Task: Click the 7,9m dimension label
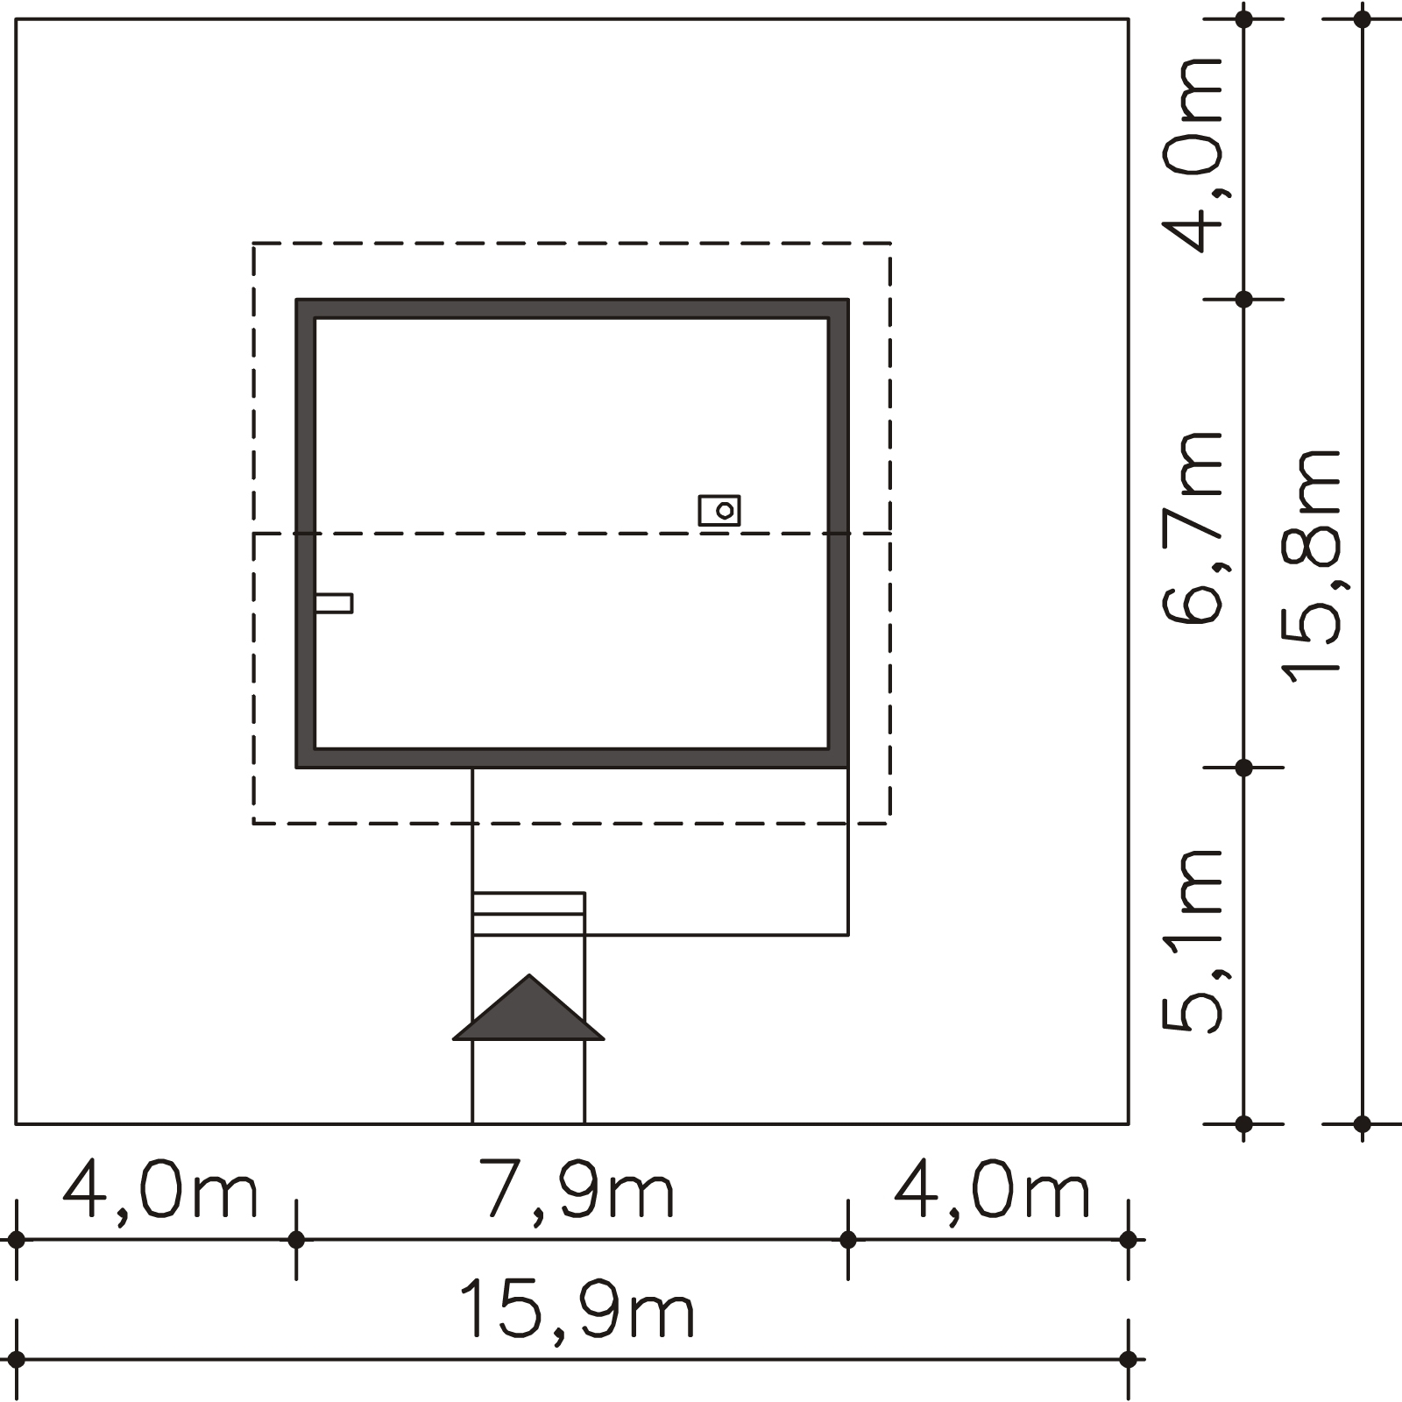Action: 577,1190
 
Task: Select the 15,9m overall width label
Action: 577,1309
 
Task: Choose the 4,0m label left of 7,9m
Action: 160,1190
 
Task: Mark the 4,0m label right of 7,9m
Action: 992,1190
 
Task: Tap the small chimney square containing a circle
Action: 719,510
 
